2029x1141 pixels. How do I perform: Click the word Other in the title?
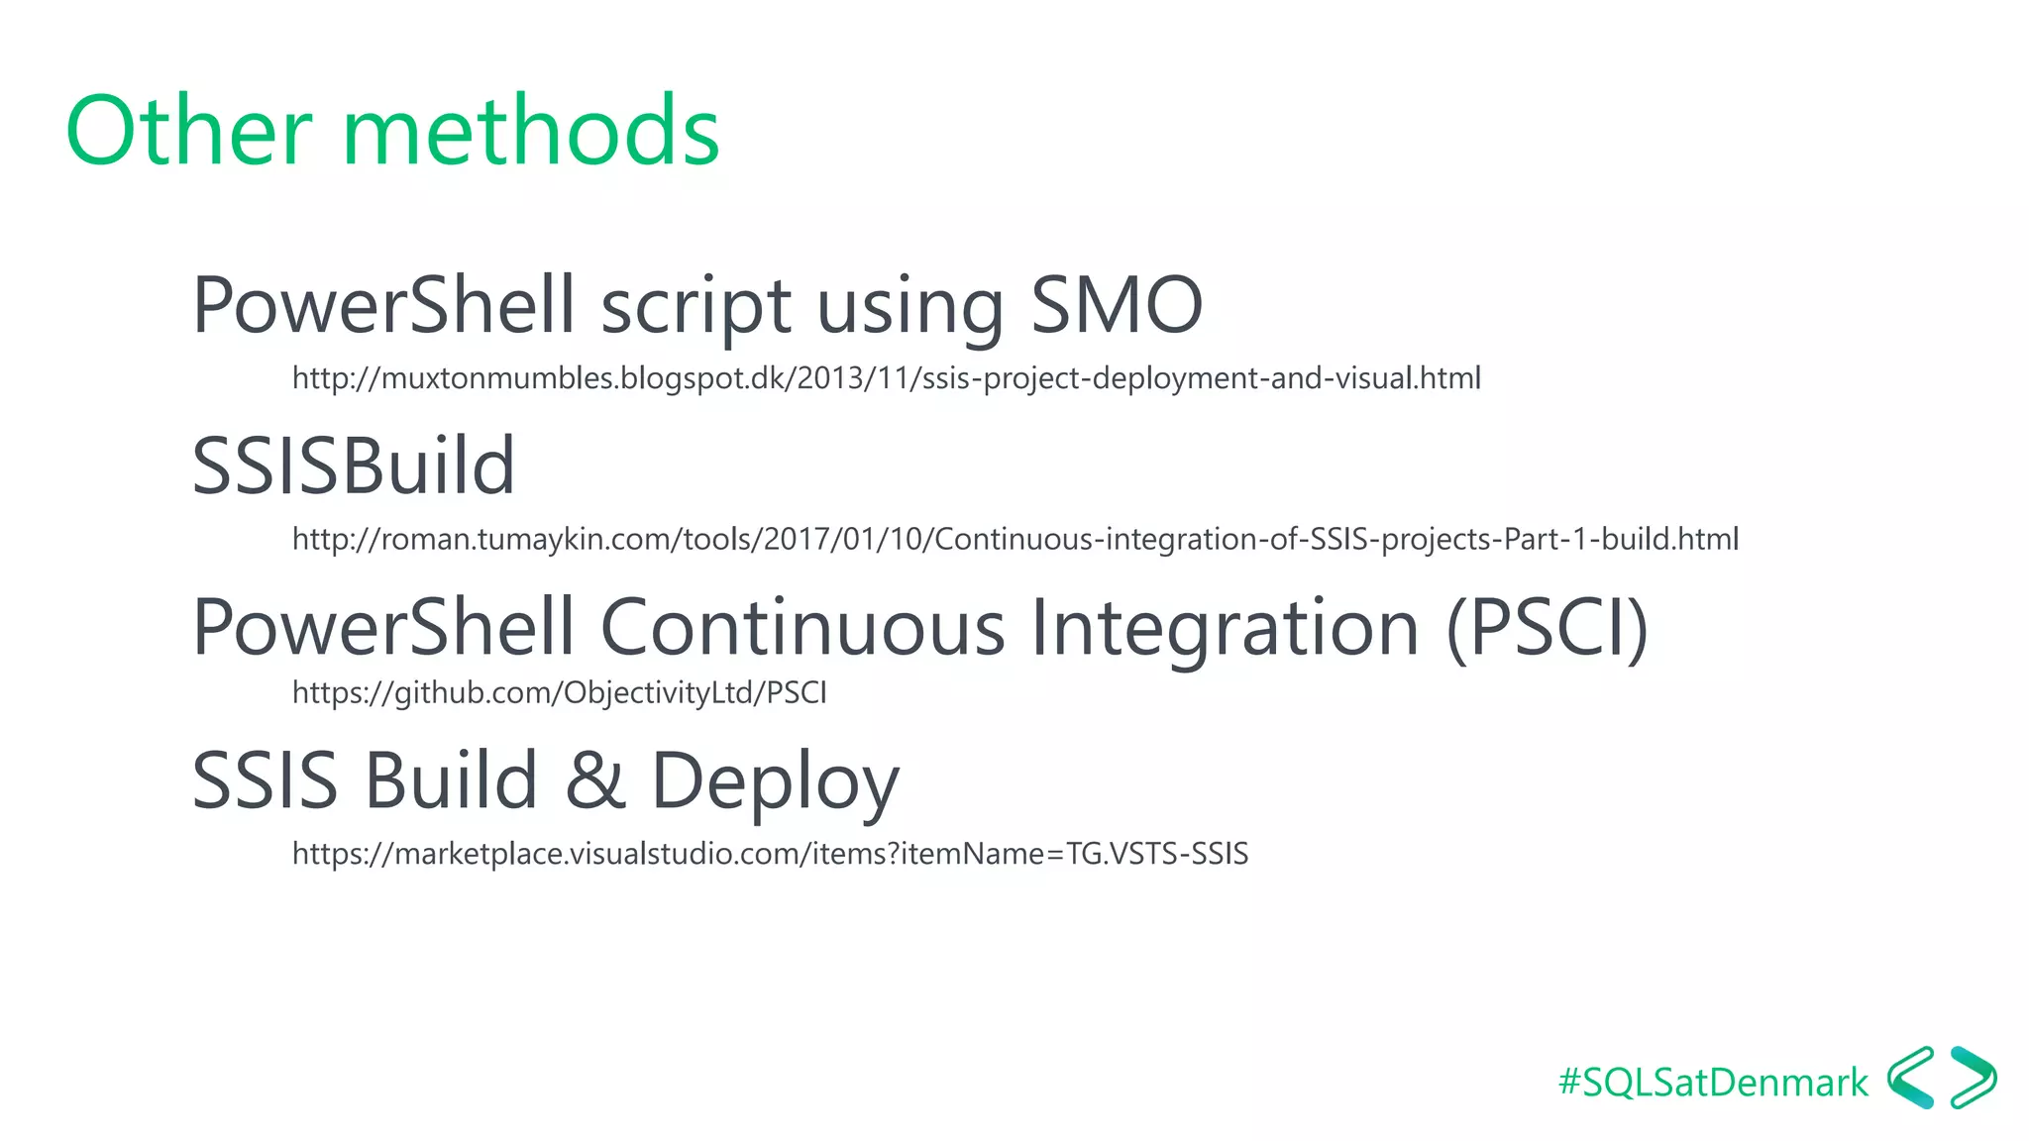tap(188, 131)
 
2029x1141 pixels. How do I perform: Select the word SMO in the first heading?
tap(1116, 305)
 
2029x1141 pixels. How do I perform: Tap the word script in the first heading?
tap(695, 307)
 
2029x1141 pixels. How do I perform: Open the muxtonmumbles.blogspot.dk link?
tap(886, 378)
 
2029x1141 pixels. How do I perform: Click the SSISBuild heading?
tap(354, 466)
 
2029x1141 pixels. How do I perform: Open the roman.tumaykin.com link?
tap(1014, 540)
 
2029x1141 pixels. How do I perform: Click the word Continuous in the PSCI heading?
tap(802, 628)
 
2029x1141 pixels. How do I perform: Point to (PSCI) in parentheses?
tap(1547, 628)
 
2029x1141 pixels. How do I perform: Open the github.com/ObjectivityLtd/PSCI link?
tap(559, 692)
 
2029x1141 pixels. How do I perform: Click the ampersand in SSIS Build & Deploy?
tap(594, 780)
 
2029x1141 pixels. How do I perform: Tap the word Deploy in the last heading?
tap(774, 782)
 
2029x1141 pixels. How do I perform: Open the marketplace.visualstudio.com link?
tap(770, 854)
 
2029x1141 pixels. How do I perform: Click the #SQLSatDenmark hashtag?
tap(1712, 1083)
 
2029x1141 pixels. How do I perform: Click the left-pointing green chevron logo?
tap(1911, 1078)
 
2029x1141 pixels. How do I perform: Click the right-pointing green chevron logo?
tap(1973, 1078)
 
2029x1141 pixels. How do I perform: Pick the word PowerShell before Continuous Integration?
tap(382, 628)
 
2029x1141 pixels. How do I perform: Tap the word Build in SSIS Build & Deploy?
tap(451, 780)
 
